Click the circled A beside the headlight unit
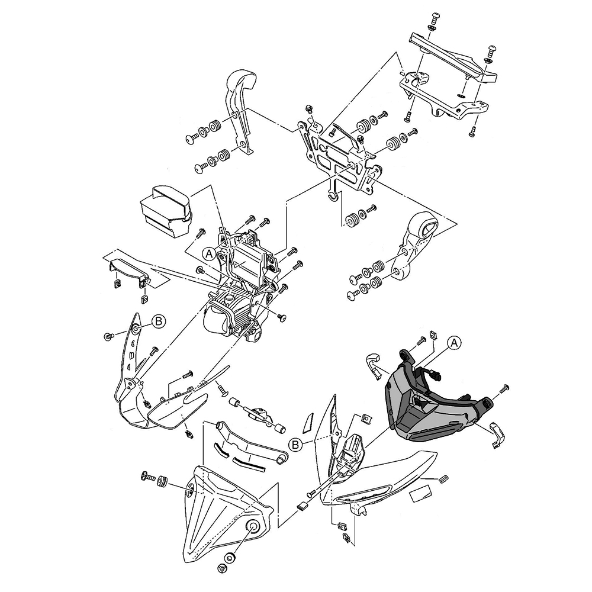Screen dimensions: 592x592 coord(208,253)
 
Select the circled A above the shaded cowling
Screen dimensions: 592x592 coord(453,342)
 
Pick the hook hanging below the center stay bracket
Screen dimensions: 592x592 coord(333,193)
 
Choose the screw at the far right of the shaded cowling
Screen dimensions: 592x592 coord(505,388)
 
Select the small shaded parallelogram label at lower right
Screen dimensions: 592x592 coord(422,493)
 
